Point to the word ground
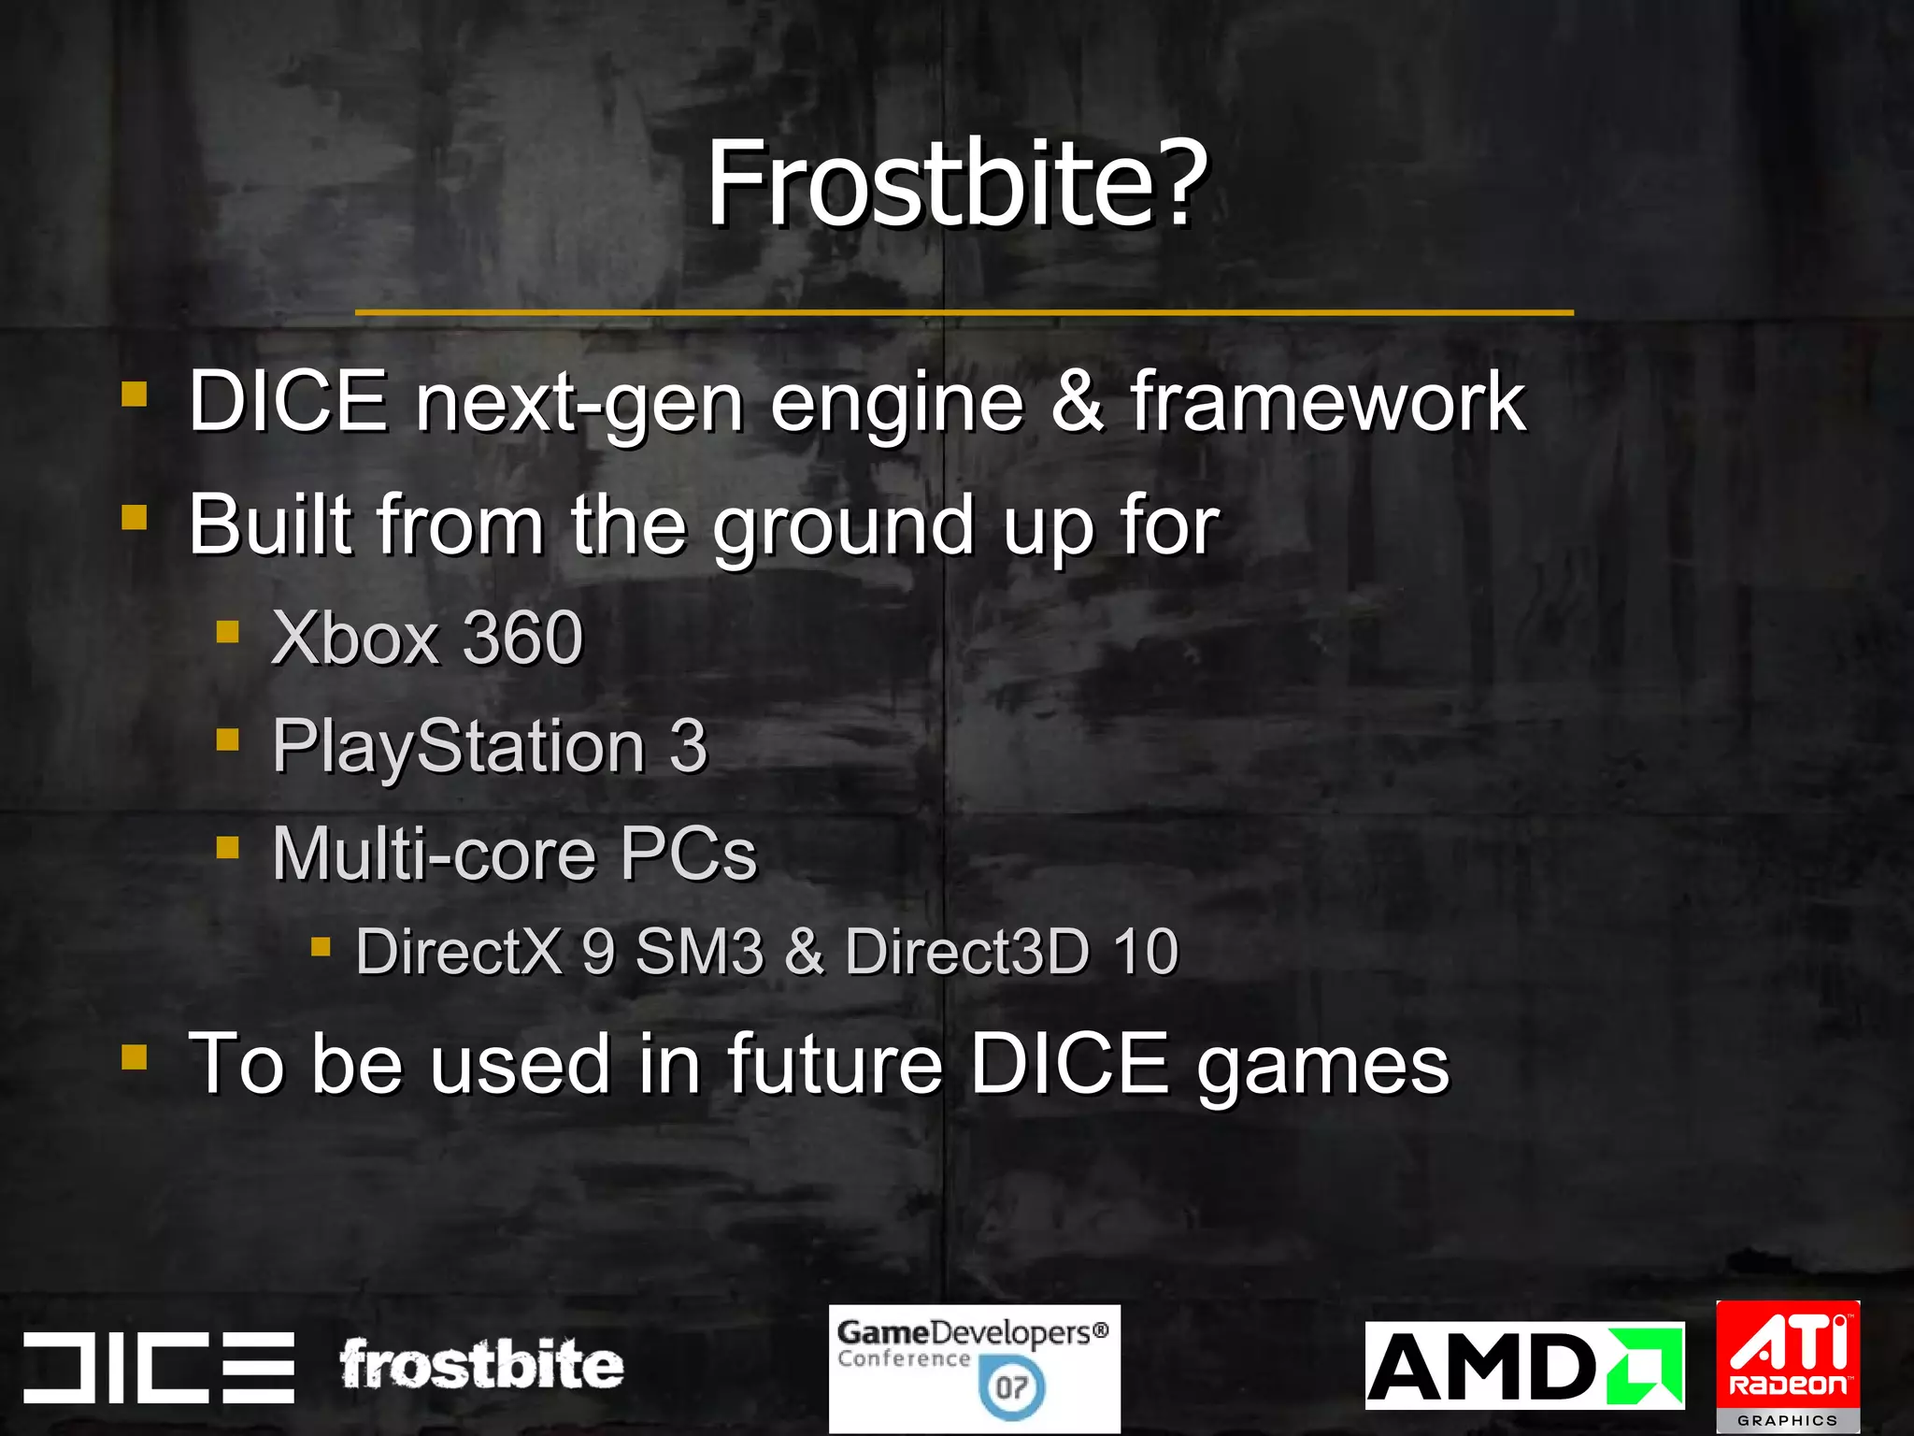(x=843, y=526)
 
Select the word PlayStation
(x=458, y=747)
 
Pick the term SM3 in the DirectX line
(x=699, y=952)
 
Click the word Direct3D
(x=966, y=952)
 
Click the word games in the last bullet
(x=1322, y=1066)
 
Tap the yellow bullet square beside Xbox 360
(x=227, y=633)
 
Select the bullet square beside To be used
(x=135, y=1057)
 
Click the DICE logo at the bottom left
(x=159, y=1367)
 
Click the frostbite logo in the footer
(x=480, y=1365)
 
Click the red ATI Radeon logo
(x=1788, y=1356)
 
